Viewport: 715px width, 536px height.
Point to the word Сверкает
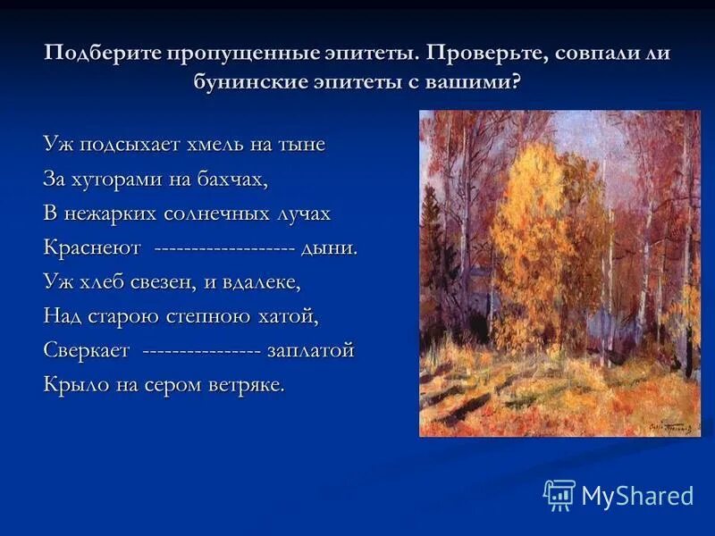point(87,350)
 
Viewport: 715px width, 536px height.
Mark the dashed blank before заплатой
point(201,350)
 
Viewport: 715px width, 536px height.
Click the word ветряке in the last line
point(246,385)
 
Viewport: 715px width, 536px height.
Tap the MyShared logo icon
point(559,494)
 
